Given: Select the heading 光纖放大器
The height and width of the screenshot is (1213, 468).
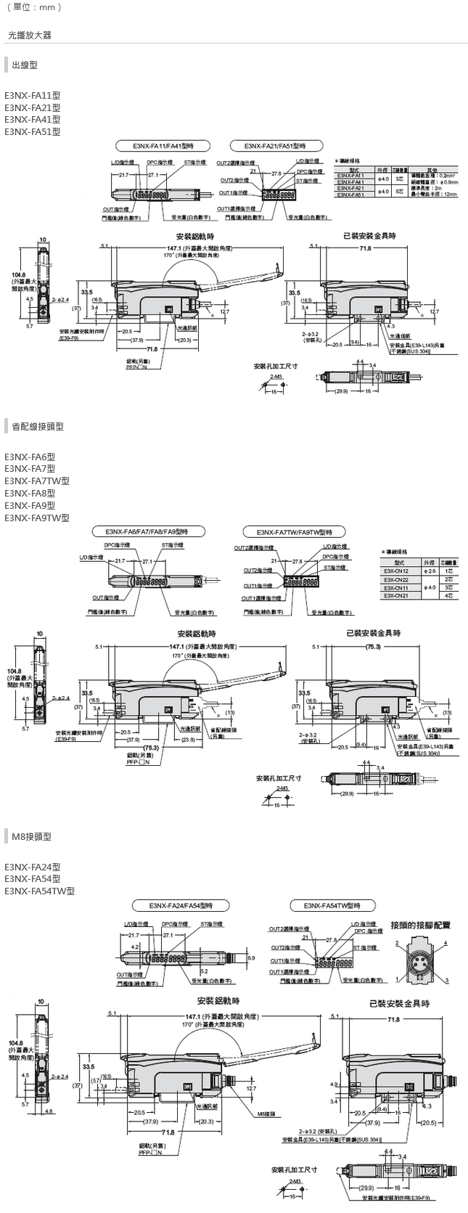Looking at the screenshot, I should click(x=30, y=35).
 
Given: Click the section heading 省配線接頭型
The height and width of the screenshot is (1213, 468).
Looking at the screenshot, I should click(x=38, y=427).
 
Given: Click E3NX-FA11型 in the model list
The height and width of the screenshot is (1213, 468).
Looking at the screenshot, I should click(x=33, y=94).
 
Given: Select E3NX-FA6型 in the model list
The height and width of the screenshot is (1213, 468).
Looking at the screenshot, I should click(x=30, y=457).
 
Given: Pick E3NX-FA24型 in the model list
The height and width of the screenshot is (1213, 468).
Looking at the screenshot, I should click(x=33, y=867).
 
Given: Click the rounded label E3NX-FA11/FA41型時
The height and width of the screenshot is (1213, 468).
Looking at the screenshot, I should click(x=163, y=145).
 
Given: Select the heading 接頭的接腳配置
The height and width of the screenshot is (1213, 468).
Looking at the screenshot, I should click(x=420, y=925).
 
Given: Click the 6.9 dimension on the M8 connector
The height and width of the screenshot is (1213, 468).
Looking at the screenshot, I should click(x=250, y=958).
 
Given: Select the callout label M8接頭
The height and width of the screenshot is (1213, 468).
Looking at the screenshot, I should click(x=266, y=1112).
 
